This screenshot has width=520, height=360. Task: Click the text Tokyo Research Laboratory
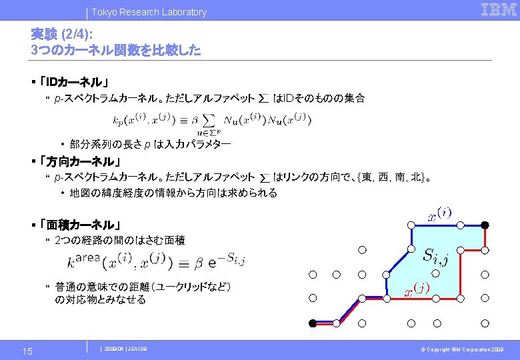pyautogui.click(x=149, y=12)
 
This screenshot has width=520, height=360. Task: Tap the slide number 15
pyautogui.click(x=27, y=351)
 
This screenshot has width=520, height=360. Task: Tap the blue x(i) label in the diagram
pyautogui.click(x=439, y=214)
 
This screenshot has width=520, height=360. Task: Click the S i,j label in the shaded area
pyautogui.click(x=436, y=255)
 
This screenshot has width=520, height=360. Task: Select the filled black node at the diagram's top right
pyautogui.click(x=486, y=224)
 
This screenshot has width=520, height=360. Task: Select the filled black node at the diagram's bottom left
pyautogui.click(x=312, y=323)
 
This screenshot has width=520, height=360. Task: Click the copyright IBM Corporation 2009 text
pyautogui.click(x=466, y=349)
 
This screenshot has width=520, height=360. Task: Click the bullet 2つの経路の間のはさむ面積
pyautogui.click(x=120, y=240)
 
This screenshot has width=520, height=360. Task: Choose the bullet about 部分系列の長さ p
pyautogui.click(x=150, y=144)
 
